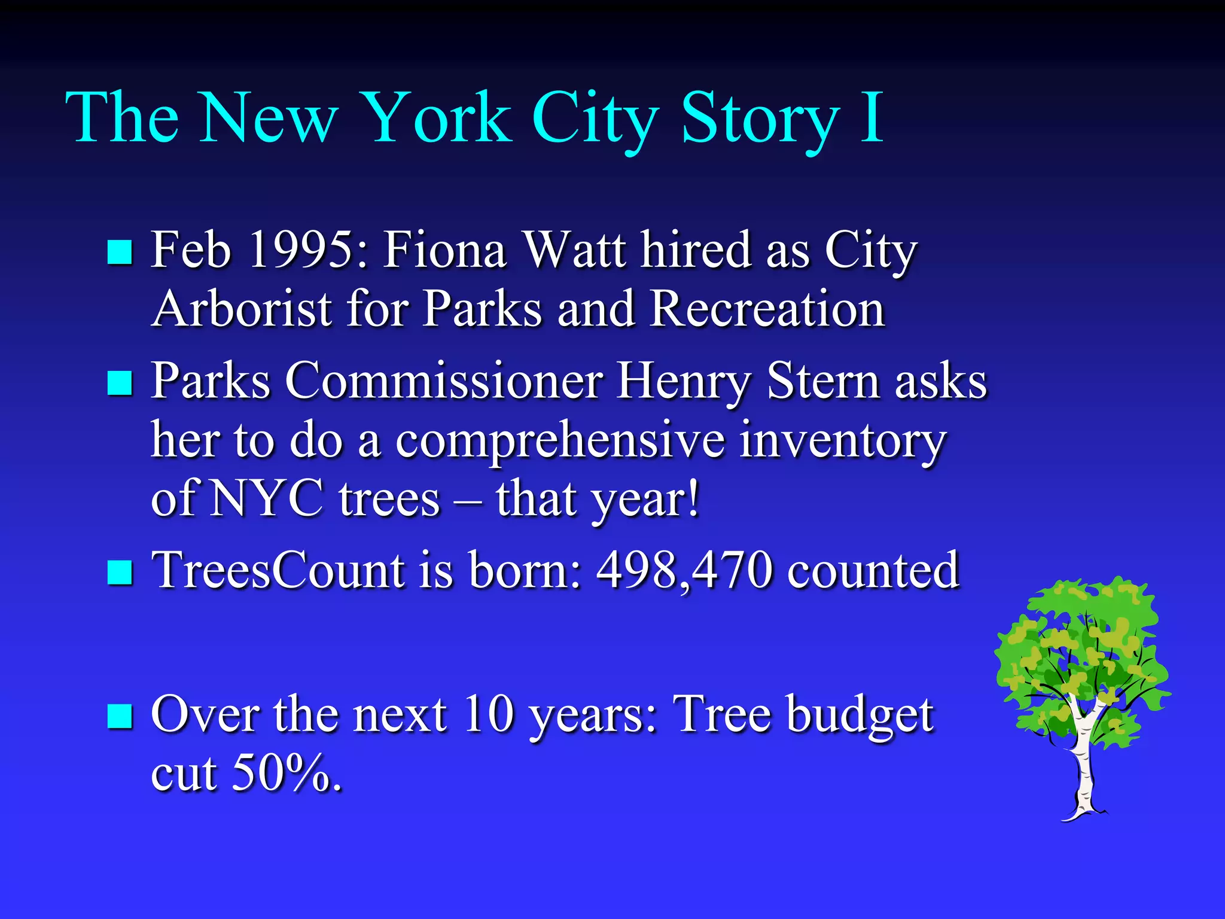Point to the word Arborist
242,309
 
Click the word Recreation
767,309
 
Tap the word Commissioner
444,381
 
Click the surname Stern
823,381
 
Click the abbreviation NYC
267,498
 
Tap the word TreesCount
278,570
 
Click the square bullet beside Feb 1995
120,252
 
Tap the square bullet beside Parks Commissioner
120,383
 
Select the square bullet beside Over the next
120,716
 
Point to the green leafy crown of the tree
1077,646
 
